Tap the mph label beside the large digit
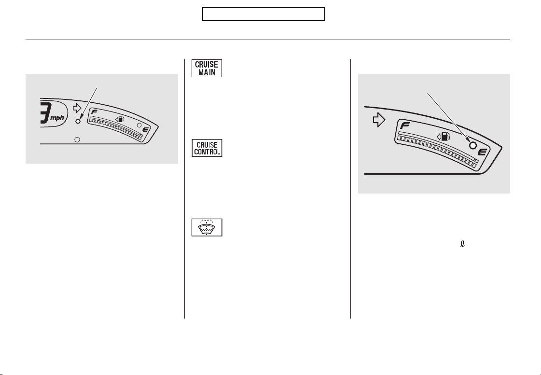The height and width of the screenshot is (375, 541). tap(57, 118)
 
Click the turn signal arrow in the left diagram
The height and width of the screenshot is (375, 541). tap(77, 108)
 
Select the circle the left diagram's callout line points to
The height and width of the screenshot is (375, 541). tap(78, 121)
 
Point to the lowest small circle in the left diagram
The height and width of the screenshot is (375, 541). tap(77, 139)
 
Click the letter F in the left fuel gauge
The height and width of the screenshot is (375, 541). tap(94, 112)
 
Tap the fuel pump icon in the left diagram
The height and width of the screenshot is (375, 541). tap(119, 120)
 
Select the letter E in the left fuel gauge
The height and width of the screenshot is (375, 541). tap(145, 130)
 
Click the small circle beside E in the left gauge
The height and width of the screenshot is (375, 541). tap(139, 125)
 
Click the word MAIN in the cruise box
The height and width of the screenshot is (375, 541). tap(207, 72)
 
